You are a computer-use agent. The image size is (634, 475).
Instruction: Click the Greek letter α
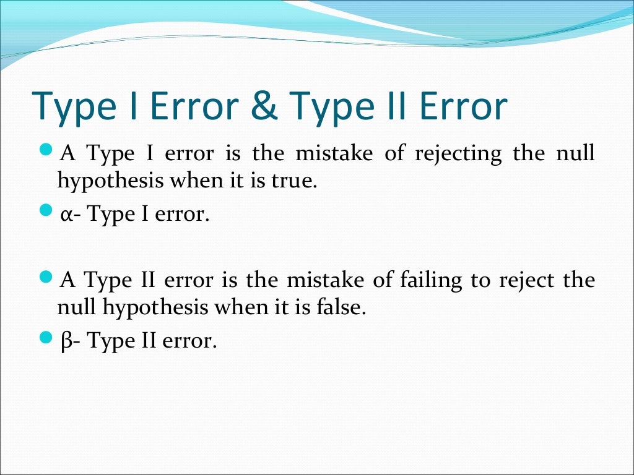(x=67, y=215)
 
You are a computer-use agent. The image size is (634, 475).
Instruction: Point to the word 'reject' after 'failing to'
(x=526, y=280)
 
